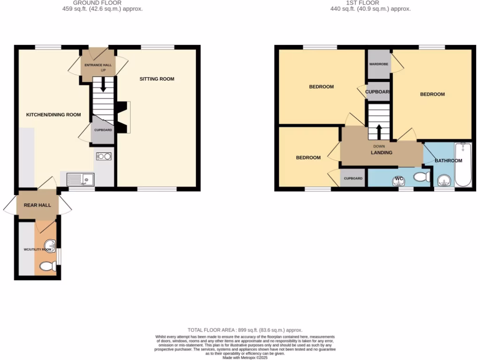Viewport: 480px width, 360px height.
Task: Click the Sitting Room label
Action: [x=157, y=79]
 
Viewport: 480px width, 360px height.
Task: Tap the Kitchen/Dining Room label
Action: [x=53, y=114]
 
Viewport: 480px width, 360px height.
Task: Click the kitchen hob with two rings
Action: [x=104, y=157]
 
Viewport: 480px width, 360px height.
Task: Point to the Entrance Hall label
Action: [x=98, y=65]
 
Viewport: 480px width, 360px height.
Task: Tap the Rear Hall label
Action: [x=37, y=205]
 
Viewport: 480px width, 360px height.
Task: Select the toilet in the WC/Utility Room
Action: [x=48, y=266]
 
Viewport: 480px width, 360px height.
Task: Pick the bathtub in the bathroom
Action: [x=465, y=165]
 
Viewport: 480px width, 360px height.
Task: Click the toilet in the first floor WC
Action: [x=423, y=177]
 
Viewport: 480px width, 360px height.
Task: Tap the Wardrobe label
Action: [x=379, y=63]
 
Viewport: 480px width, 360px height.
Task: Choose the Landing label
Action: [x=382, y=152]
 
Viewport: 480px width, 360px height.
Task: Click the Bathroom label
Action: [x=448, y=160]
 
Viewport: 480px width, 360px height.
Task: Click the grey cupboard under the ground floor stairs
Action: [x=103, y=130]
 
